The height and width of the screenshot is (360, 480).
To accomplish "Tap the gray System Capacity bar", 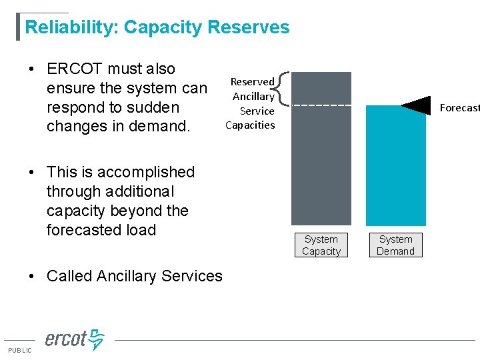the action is [321, 167].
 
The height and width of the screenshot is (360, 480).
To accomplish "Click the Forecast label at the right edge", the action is [459, 107].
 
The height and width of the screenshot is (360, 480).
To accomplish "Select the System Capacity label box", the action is [321, 245].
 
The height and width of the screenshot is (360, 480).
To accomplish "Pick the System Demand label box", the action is [396, 245].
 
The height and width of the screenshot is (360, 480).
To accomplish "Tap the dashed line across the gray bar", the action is [321, 105].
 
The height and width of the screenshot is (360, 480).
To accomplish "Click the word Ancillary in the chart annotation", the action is [253, 96].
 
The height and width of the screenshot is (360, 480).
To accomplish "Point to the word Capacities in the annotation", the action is [250, 125].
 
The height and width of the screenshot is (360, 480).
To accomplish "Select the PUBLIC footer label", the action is [19, 351].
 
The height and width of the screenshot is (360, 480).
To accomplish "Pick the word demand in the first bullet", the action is [157, 126].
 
